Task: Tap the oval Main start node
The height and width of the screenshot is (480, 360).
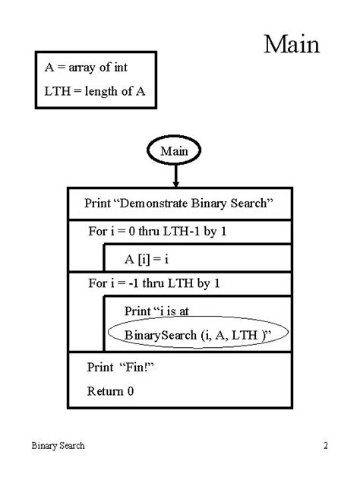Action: [175, 151]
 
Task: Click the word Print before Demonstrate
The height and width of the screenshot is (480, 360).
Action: [97, 204]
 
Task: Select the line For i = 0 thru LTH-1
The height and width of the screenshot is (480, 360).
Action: [157, 232]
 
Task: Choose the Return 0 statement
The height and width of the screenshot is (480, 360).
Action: [110, 392]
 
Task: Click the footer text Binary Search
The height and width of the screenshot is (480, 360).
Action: [58, 446]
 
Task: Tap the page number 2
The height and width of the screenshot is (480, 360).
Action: [325, 446]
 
